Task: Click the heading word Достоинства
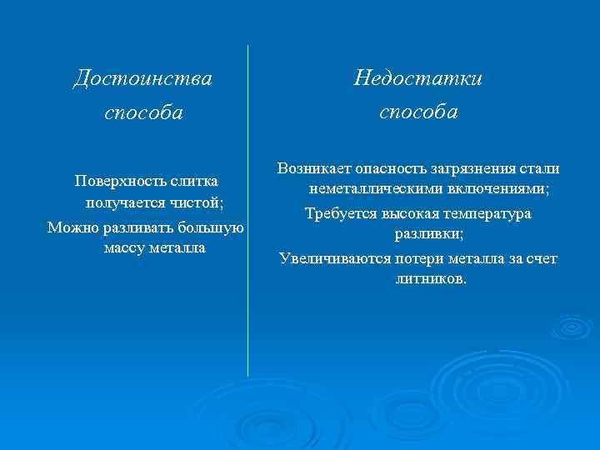pyautogui.click(x=142, y=78)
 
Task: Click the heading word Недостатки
pyautogui.click(x=417, y=78)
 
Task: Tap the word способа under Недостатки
pyautogui.click(x=418, y=112)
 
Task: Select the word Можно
pyautogui.click(x=69, y=227)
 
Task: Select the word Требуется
pyautogui.click(x=340, y=213)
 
